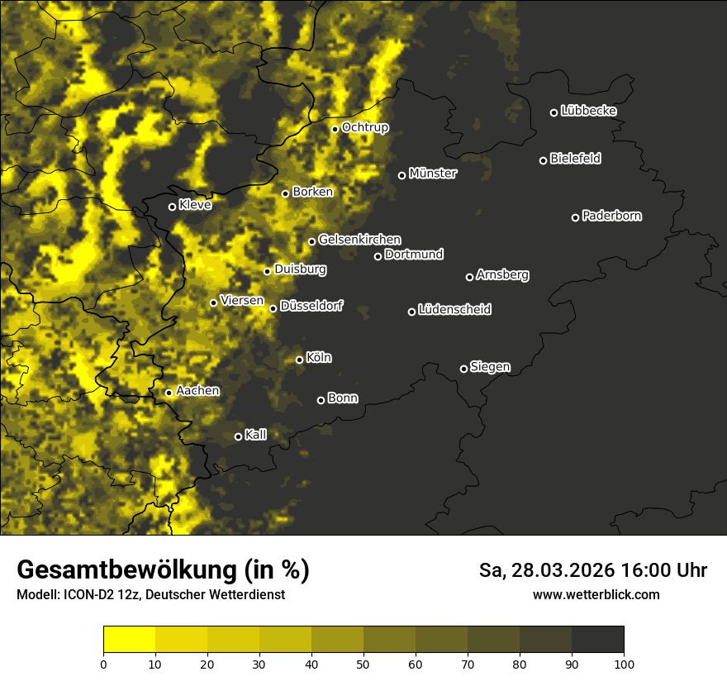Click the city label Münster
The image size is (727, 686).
click(x=433, y=174)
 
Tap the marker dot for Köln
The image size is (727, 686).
click(x=300, y=360)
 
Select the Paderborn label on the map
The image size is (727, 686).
click(x=612, y=216)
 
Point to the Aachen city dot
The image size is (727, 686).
click(x=169, y=393)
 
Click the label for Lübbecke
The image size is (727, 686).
click(x=588, y=111)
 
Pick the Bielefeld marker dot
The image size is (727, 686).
click(x=543, y=160)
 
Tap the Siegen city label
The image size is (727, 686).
click(x=490, y=367)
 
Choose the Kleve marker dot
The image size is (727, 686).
click(x=172, y=207)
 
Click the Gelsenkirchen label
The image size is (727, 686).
click(x=359, y=240)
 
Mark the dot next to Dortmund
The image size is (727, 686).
click(x=378, y=256)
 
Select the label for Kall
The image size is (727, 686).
click(x=256, y=435)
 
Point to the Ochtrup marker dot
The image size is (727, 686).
click(x=335, y=129)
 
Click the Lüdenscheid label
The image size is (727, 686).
click(x=454, y=310)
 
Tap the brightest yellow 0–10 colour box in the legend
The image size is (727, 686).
click(x=129, y=640)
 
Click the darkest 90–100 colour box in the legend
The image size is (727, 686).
click(x=597, y=640)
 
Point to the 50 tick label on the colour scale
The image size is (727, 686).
click(x=363, y=663)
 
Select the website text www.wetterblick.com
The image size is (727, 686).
click(x=596, y=594)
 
